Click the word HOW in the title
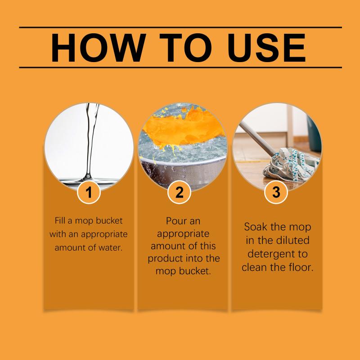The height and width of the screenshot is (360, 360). [x=99, y=48]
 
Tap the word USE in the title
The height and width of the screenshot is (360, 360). [x=266, y=48]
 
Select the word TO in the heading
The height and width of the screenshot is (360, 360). [x=185, y=48]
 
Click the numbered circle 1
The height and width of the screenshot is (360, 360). [x=89, y=192]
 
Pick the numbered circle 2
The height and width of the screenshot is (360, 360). [x=179, y=192]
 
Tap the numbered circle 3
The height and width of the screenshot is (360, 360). [x=276, y=192]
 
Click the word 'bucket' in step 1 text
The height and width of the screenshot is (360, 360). [x=109, y=220]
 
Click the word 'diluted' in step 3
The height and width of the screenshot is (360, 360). [x=293, y=240]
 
